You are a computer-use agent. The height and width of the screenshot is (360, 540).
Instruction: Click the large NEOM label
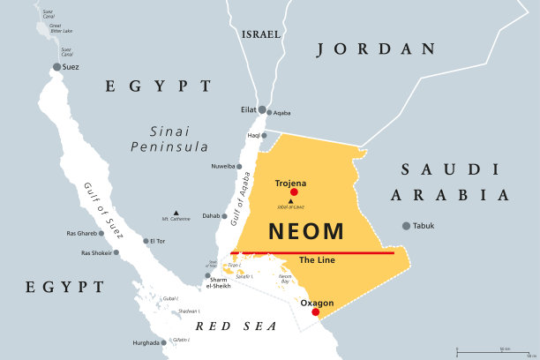(305, 231)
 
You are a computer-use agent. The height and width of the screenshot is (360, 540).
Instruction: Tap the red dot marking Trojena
(294, 192)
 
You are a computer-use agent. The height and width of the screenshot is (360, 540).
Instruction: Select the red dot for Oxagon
(315, 311)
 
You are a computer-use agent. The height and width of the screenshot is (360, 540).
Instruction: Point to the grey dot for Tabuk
(406, 226)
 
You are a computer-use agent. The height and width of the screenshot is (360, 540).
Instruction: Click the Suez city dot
(57, 67)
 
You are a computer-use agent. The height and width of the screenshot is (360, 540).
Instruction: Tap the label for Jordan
(376, 49)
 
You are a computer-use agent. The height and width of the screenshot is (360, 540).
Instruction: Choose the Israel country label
(260, 34)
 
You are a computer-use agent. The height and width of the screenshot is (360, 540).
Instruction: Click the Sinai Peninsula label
(168, 138)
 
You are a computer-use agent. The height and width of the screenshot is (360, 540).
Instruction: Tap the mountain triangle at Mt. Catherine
(176, 213)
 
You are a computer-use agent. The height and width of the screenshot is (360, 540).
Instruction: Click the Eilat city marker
(262, 109)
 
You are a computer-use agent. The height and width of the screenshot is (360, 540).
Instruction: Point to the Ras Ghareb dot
(101, 234)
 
